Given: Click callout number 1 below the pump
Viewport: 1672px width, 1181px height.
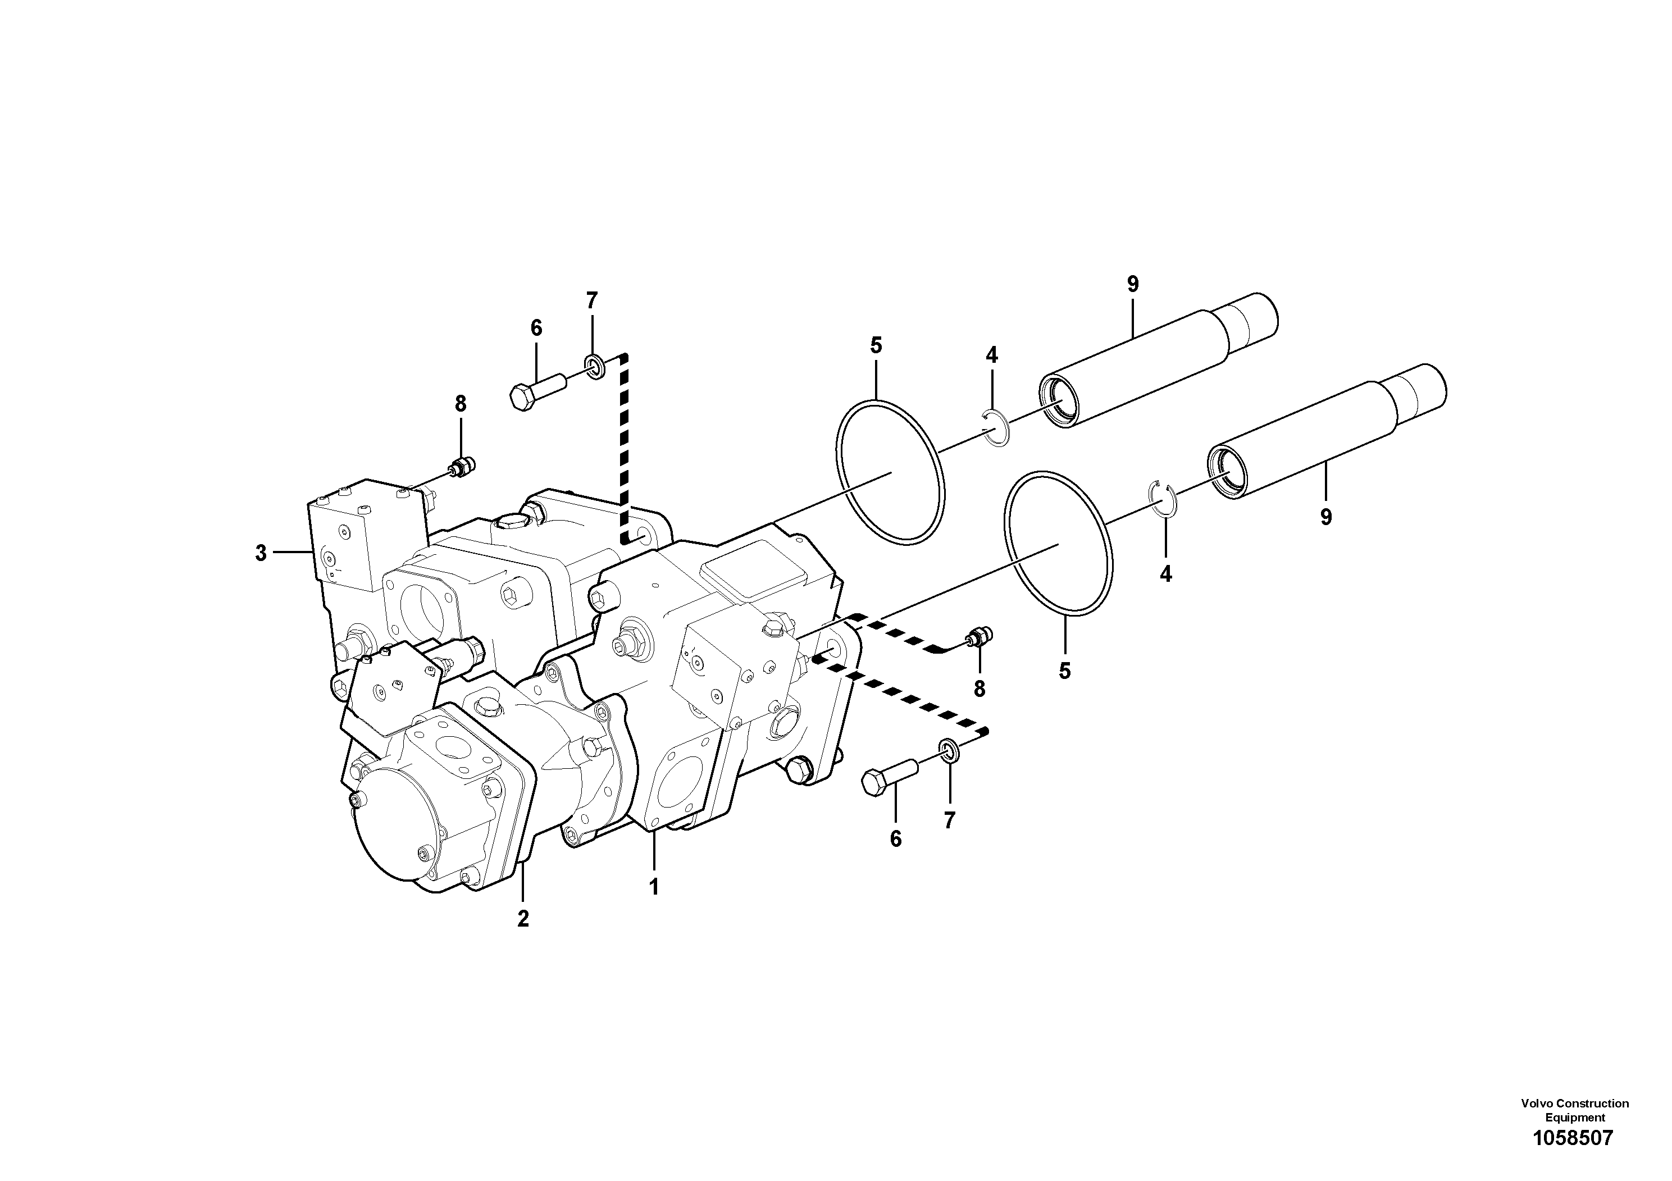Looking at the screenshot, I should coord(654,887).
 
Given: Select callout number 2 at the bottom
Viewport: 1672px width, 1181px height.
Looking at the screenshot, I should coord(523,919).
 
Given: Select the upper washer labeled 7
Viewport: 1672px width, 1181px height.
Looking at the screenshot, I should coord(594,366).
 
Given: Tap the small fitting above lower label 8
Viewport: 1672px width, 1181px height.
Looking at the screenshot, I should coord(976,639).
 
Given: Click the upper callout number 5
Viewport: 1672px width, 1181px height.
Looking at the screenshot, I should coord(876,345).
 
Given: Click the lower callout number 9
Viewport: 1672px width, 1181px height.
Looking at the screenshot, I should coord(1326,517).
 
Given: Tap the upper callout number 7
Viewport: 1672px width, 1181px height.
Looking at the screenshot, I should coord(591,299).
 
